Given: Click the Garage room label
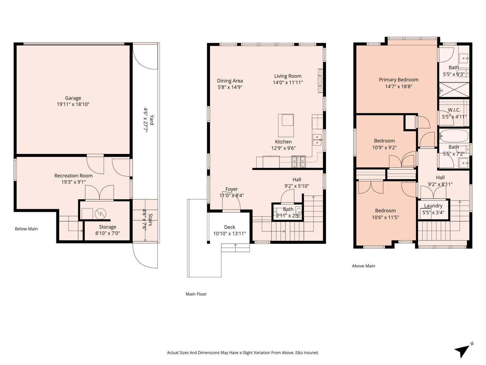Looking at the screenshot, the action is [x=73, y=98].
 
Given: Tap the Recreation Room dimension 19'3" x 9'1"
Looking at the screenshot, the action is [x=73, y=182].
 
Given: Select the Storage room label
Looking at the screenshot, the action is [x=107, y=227].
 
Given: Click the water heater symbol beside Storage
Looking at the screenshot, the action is [x=100, y=213].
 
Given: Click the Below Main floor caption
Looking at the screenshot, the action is [x=26, y=229].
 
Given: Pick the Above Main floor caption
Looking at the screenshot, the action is [x=363, y=266].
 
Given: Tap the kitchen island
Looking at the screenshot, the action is [x=286, y=126].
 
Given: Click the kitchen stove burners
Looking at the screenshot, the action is [x=298, y=162].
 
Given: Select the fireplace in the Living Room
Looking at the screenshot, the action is [x=320, y=81].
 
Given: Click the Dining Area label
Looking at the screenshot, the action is [x=230, y=81].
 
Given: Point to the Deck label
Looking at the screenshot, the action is [x=230, y=227].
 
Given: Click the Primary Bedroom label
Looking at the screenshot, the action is [x=399, y=80].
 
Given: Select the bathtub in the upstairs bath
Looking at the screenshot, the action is [x=454, y=136].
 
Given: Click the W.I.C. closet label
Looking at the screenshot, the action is [x=454, y=110].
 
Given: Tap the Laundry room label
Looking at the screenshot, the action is [x=433, y=206].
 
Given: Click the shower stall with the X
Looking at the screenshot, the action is [x=454, y=90].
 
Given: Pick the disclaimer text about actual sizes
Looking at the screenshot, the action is [x=243, y=353].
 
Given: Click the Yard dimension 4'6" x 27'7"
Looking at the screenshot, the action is [x=146, y=120].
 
